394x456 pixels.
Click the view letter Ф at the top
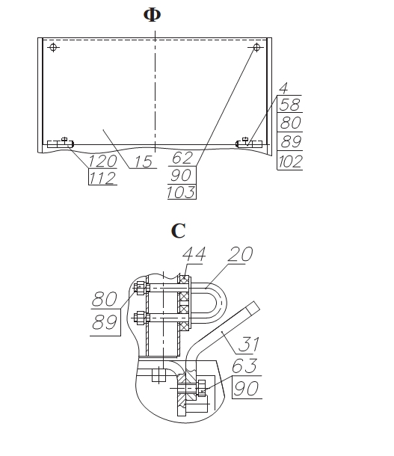152,14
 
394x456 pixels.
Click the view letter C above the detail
178,231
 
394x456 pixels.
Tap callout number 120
102,161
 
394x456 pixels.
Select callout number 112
102,178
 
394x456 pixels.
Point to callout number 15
144,161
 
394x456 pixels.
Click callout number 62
182,158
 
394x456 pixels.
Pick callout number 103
181,192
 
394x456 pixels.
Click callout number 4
283,87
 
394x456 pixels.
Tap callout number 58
289,105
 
